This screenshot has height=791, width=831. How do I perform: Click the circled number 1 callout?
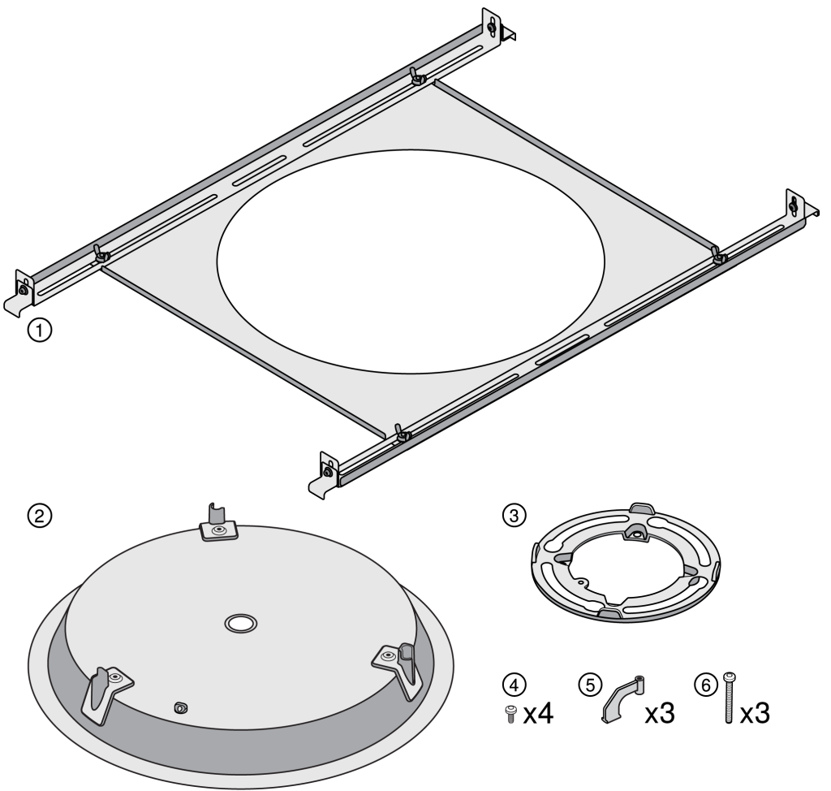click(x=40, y=330)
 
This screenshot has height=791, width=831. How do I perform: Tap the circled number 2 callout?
click(x=40, y=515)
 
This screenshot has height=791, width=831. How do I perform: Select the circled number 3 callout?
click(x=514, y=515)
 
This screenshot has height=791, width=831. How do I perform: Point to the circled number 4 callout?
click(x=514, y=685)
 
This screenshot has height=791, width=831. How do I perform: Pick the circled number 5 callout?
click(x=591, y=685)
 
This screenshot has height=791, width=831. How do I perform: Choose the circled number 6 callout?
click(x=706, y=685)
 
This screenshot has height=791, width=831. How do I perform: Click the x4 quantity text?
click(x=539, y=714)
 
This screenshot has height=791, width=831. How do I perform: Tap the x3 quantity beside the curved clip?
click(x=660, y=714)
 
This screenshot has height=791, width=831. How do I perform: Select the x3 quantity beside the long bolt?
click(x=755, y=714)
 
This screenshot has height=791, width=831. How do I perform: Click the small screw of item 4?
click(x=511, y=714)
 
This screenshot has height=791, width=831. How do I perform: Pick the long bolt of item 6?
click(x=730, y=698)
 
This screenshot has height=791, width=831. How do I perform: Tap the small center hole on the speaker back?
click(x=240, y=624)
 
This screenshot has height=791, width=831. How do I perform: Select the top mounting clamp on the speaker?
click(x=217, y=524)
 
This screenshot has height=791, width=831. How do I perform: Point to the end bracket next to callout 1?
click(x=20, y=294)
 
